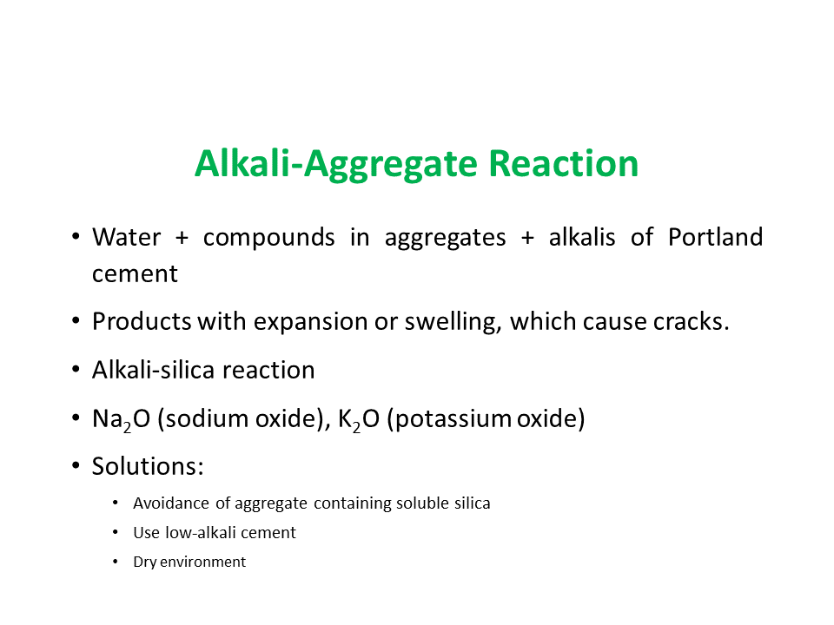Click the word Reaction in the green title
[563, 163]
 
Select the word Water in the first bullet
[126, 237]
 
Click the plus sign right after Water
[182, 238]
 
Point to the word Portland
[715, 237]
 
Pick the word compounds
[268, 238]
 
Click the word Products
[142, 321]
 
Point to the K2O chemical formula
[359, 419]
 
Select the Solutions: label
[148, 467]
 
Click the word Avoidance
[171, 503]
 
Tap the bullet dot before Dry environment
[116, 562]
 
